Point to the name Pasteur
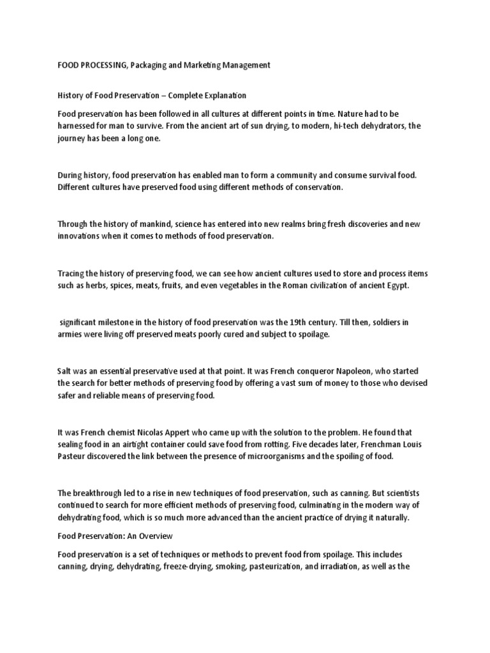coord(74,457)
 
